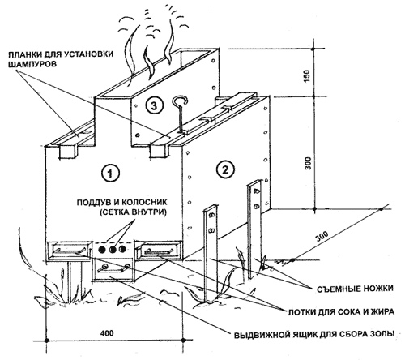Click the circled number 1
pos(111,173)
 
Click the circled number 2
pos(225,169)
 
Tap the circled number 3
pos(154,106)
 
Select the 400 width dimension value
pos(107,332)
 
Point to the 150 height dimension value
pos(307,76)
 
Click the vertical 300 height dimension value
pos(308,163)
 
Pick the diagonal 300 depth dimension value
pos(322,237)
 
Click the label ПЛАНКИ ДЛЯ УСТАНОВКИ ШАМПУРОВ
pos(61,59)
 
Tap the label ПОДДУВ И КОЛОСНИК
pos(122,202)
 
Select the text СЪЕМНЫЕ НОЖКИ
pos(355,289)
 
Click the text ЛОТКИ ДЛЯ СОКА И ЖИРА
pos(341,311)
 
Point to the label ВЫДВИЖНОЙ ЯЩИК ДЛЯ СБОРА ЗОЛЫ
pos(314,334)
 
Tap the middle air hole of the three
pos(113,250)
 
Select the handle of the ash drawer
pos(114,268)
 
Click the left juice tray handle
pos(70,251)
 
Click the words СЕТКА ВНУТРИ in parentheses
pos(133,212)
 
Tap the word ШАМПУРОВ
pos(32,64)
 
